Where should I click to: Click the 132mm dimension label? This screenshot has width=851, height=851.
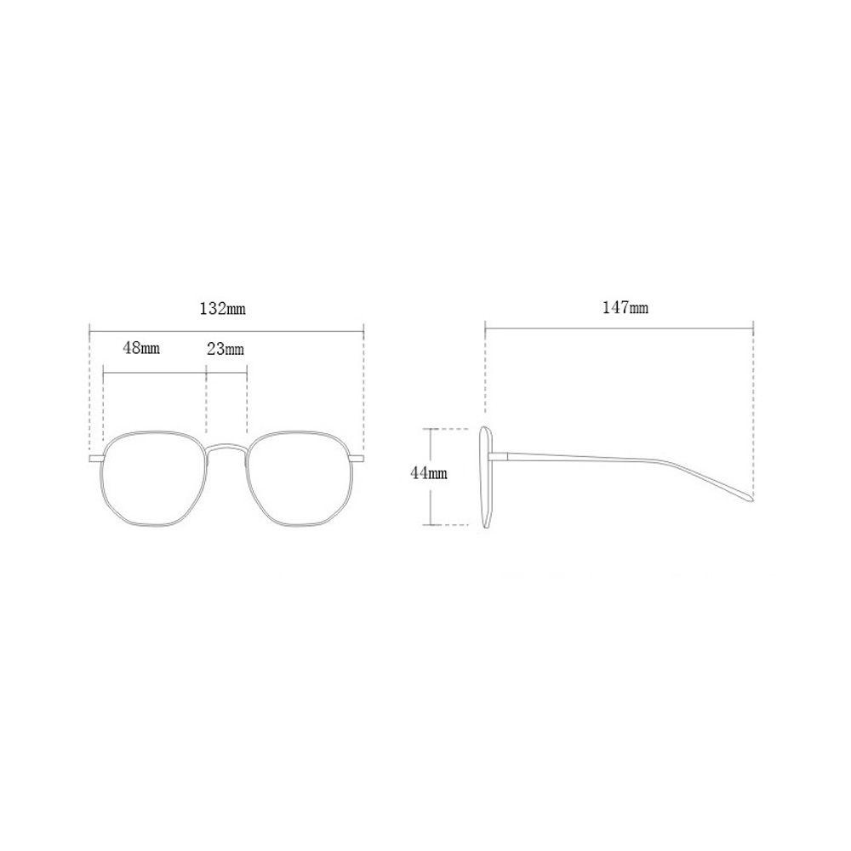[x=222, y=308]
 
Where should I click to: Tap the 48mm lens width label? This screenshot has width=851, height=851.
[x=141, y=347]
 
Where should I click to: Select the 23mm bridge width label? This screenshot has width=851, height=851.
[x=226, y=348]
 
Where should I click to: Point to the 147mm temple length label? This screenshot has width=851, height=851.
[x=625, y=308]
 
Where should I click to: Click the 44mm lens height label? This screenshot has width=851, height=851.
[x=429, y=472]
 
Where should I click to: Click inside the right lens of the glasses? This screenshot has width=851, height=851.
[x=299, y=478]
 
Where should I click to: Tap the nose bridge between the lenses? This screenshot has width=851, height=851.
[x=227, y=447]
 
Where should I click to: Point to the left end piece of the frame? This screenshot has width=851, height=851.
[x=96, y=460]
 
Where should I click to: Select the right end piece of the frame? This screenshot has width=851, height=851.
[x=357, y=460]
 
